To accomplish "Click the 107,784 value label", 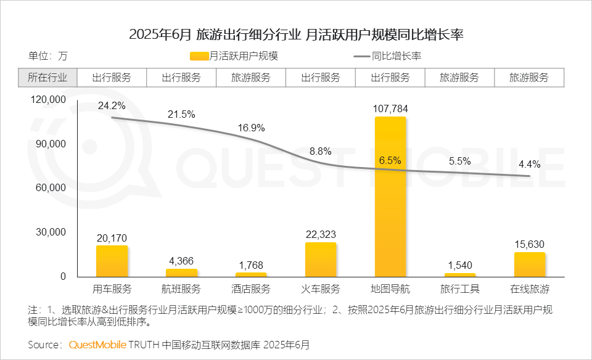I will [x=390, y=109].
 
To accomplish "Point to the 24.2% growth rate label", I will [x=112, y=105].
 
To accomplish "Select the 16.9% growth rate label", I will [x=251, y=128].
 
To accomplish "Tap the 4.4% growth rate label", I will [x=529, y=164].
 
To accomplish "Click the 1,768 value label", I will [x=251, y=266].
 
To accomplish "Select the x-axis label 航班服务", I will [x=181, y=289].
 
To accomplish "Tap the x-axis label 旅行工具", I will [x=460, y=289].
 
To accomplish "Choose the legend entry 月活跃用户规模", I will [x=235, y=56].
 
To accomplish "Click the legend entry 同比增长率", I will [x=388, y=56].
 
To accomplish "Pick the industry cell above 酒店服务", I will [x=251, y=78].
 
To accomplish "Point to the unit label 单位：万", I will [x=47, y=56].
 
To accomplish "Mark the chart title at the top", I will [x=296, y=35].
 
